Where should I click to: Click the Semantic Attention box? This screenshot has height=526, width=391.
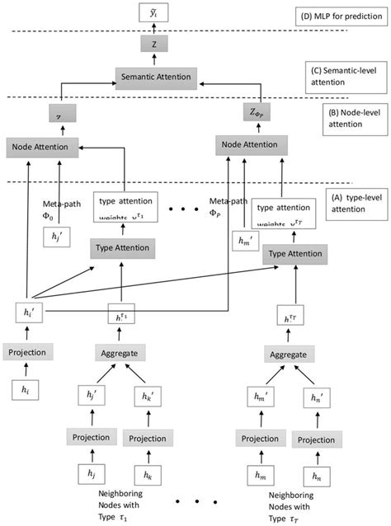pos(154,77)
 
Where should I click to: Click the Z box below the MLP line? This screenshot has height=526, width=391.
pos(154,45)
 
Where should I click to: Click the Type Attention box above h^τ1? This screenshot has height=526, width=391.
pos(121,247)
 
